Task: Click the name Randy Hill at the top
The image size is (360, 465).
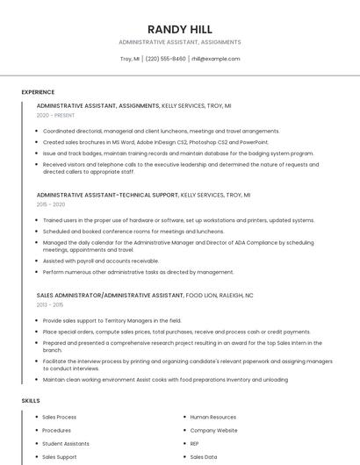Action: (179, 29)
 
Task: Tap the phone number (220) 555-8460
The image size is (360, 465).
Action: (165, 59)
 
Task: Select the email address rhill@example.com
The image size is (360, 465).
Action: (215, 59)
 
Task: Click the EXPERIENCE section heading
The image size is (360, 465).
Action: (38, 92)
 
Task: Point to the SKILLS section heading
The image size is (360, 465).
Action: (31, 400)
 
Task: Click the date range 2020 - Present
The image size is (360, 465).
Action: (55, 115)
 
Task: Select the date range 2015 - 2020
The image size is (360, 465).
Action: (51, 204)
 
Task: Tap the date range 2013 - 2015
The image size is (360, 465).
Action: (50, 304)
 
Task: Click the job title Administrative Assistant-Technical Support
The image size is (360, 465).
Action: (107, 195)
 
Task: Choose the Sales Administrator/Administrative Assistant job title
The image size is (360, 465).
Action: (110, 295)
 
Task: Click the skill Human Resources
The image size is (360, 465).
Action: (212, 417)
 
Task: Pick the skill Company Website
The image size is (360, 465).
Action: (213, 430)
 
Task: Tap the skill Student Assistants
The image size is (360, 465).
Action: (66, 443)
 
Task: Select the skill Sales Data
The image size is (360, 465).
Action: (203, 456)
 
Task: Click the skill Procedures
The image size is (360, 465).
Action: (57, 430)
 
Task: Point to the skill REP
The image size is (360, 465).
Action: (195, 443)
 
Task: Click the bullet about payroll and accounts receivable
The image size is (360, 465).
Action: (101, 261)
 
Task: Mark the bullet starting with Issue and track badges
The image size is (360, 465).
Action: (177, 153)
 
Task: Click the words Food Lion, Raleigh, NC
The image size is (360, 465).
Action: (220, 295)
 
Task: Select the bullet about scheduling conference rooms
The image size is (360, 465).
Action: (133, 231)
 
